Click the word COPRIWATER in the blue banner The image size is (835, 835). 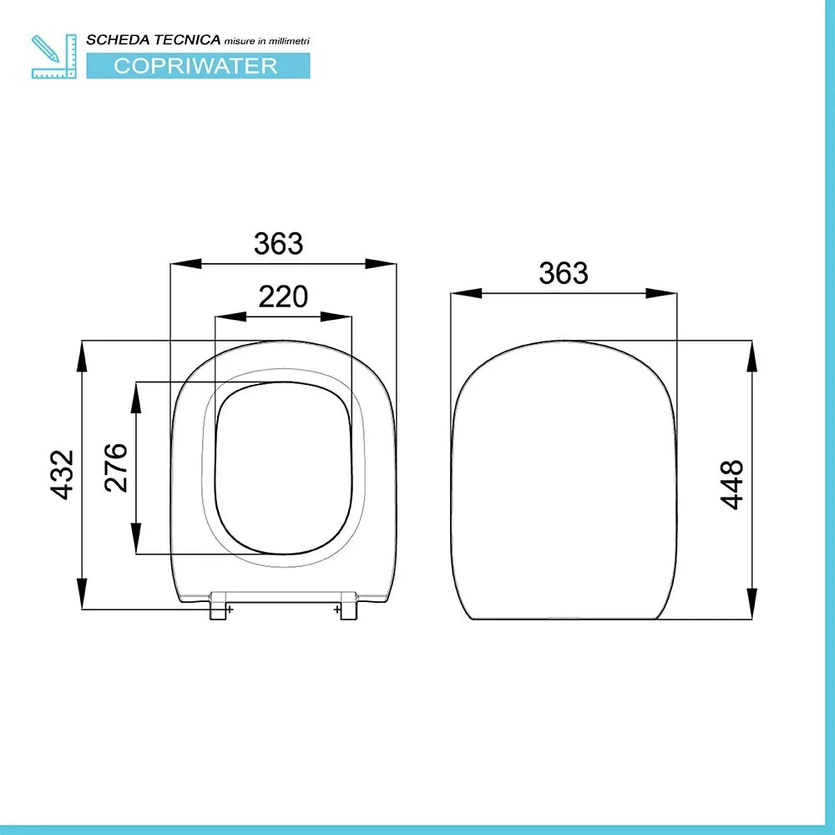196,65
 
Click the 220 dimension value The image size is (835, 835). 283,296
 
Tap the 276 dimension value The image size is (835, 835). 116,467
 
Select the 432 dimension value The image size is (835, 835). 63,474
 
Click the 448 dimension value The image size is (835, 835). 732,483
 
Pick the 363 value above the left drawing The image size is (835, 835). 279,244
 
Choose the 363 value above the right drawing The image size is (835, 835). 564,273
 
